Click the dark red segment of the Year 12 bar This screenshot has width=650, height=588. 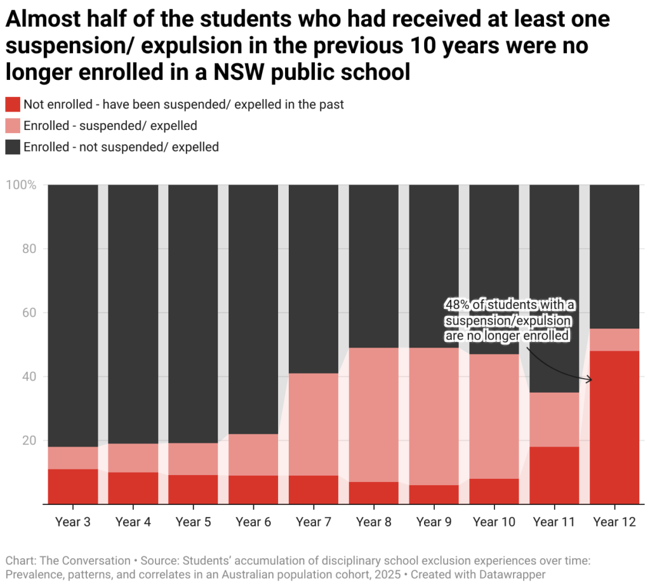[x=614, y=427]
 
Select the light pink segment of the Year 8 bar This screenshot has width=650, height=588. [x=374, y=414]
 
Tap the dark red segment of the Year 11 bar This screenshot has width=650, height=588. [x=554, y=475]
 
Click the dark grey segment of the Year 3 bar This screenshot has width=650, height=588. [x=73, y=315]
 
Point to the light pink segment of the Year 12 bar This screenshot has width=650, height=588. [x=614, y=339]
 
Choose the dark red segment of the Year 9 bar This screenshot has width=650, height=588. [x=434, y=494]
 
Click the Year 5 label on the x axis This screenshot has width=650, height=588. [x=193, y=523]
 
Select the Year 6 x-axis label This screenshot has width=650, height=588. [x=253, y=523]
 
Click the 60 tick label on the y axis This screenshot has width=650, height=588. [x=29, y=313]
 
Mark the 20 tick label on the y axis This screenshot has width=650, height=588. [x=29, y=440]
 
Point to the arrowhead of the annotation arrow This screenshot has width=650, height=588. [x=590, y=379]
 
